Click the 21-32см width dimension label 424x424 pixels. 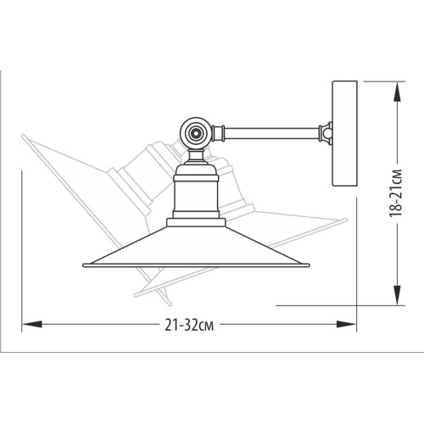pyautogui.click(x=189, y=325)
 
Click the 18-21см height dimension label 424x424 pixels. pyautogui.click(x=396, y=193)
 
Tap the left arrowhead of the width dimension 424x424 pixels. pyautogui.click(x=32, y=324)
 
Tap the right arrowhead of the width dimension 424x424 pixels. pyautogui.click(x=346, y=324)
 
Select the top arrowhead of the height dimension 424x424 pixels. pyautogui.click(x=398, y=92)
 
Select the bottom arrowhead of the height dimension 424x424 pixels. pyautogui.click(x=398, y=295)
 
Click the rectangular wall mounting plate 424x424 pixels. pyautogui.click(x=344, y=133)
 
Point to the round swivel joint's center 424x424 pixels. pyautogui.click(x=196, y=133)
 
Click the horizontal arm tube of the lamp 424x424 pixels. pyautogui.click(x=271, y=133)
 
